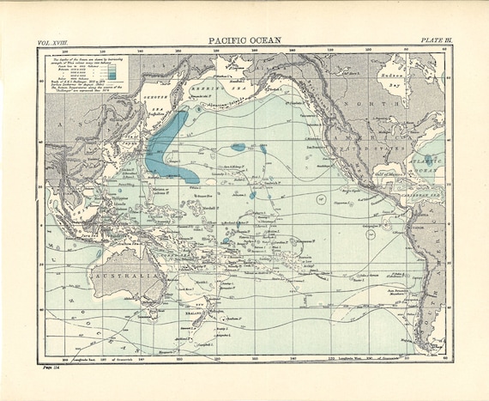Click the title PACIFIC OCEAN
coord(245,39)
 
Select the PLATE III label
coord(436,40)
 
